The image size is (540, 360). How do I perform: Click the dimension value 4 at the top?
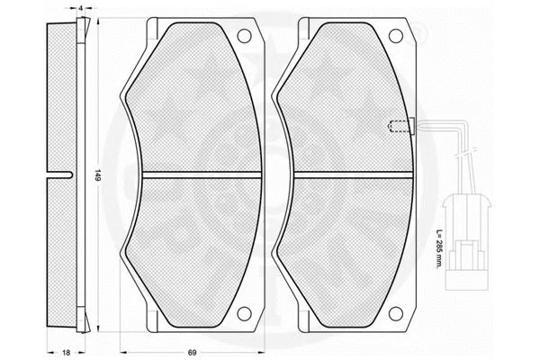click(x=82, y=8)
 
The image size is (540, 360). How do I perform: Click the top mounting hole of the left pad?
click(x=242, y=37)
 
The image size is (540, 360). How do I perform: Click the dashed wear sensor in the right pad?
click(x=394, y=126)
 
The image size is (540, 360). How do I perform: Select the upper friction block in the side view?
click(x=59, y=99)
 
